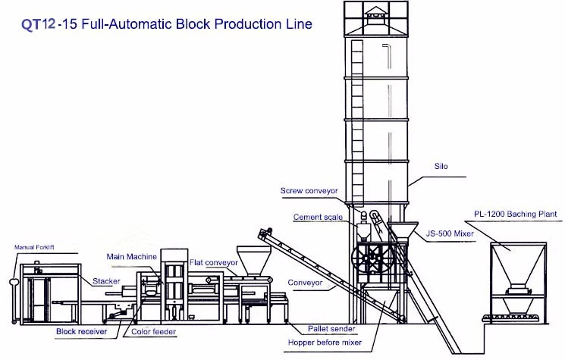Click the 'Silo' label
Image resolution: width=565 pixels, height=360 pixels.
441,166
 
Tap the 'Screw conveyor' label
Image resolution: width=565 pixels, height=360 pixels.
309,191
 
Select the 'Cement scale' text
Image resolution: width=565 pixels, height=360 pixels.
318,217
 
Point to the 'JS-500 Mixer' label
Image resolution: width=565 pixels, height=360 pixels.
450,233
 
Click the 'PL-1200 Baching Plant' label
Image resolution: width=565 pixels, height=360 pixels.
515,214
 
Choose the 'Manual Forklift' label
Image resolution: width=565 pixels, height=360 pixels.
34,247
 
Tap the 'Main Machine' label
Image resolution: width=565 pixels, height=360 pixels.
131,257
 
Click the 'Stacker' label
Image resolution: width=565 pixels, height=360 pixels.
106,281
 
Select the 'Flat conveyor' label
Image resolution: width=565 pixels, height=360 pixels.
214,262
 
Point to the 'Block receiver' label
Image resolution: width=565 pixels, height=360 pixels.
81,331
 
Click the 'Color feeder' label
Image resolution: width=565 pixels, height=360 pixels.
153,331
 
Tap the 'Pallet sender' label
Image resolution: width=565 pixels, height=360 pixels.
331,329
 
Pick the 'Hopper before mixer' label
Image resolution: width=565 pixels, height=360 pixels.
325,343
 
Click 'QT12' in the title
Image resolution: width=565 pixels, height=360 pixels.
39,24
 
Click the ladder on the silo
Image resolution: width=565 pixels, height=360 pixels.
357,123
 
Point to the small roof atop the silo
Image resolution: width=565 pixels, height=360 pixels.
375,16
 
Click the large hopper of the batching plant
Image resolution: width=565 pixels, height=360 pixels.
519,265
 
